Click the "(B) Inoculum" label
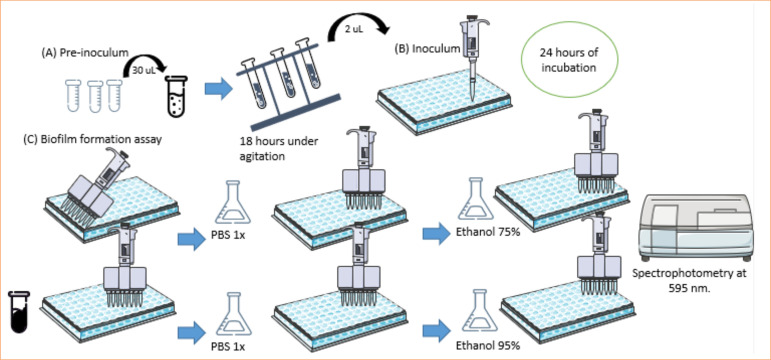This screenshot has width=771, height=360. coord(428,49)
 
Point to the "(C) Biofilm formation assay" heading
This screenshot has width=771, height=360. coord(92,140)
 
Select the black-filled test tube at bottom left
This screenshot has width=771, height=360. coord(19,312)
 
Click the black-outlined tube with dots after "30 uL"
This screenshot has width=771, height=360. coord(177,96)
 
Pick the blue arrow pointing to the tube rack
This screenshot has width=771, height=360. coord(218,89)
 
